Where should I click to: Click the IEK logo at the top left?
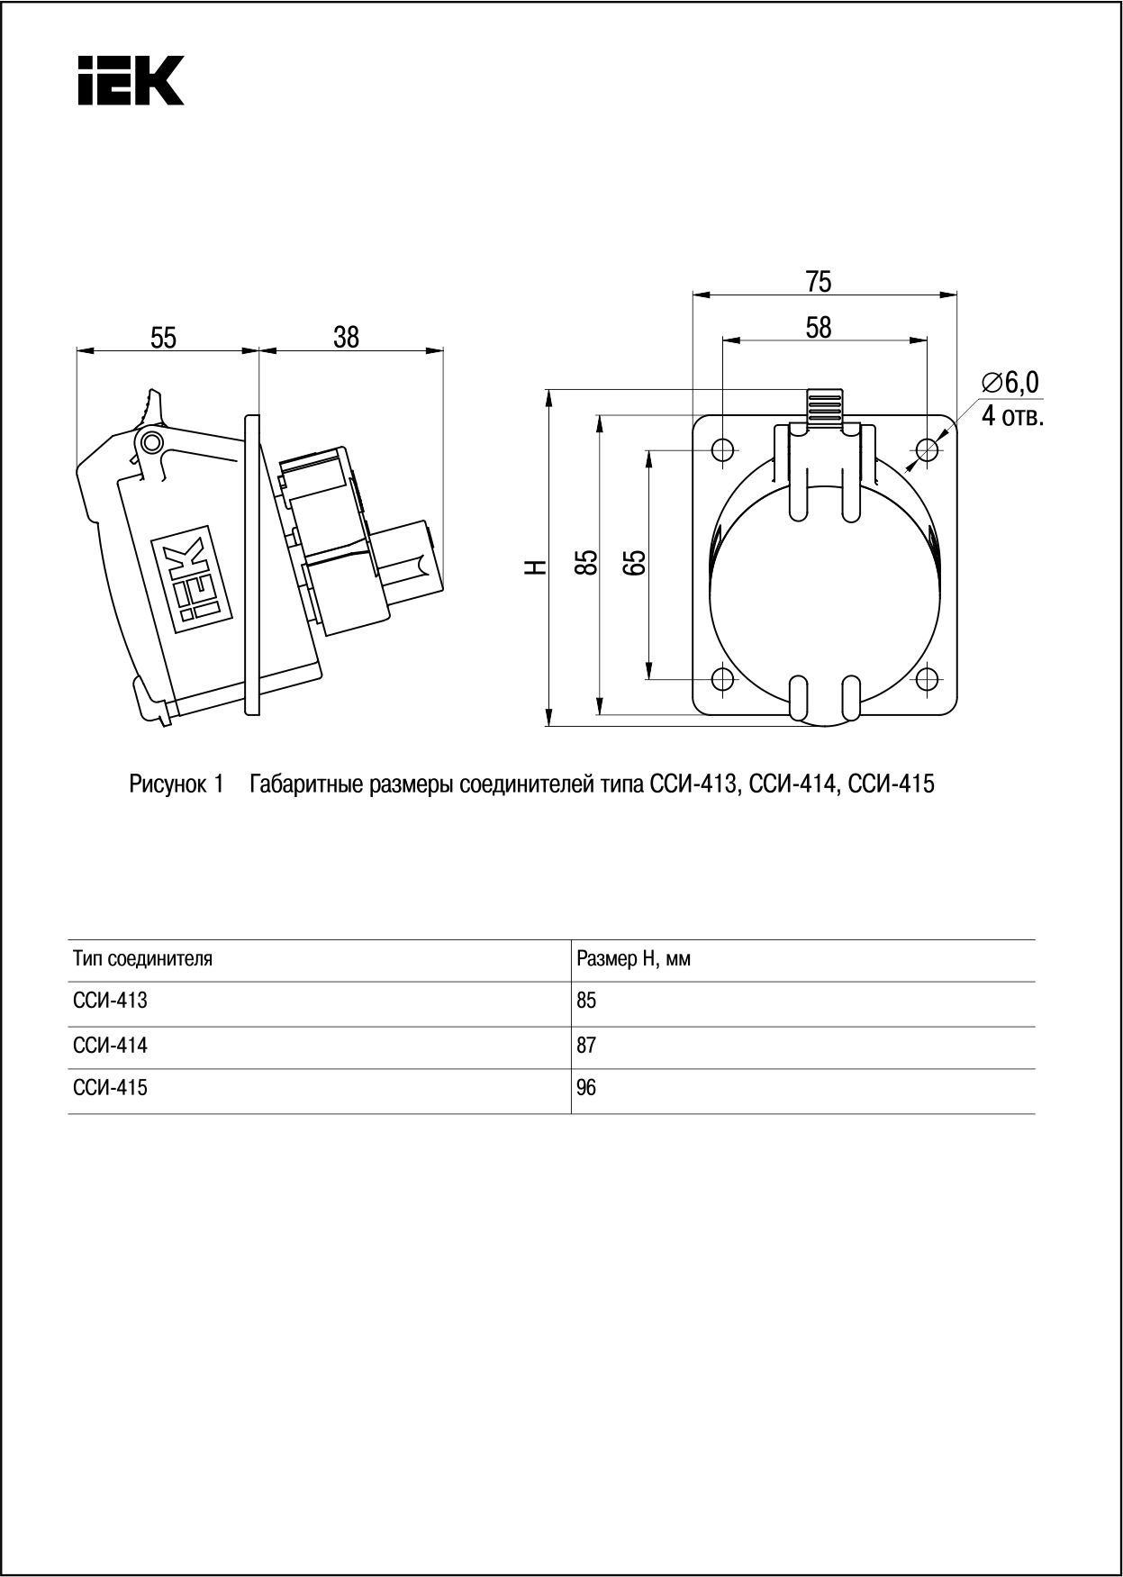(x=131, y=80)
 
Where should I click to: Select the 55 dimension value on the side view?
(x=163, y=338)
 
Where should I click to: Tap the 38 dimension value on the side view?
(x=346, y=337)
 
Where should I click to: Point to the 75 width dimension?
(x=819, y=282)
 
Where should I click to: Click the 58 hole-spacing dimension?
(x=819, y=328)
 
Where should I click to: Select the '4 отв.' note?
(x=1012, y=417)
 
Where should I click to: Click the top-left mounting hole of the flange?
(x=723, y=449)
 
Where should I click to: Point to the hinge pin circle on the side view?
(x=150, y=441)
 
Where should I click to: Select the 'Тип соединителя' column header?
(x=142, y=958)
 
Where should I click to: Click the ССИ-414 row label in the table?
(x=110, y=1046)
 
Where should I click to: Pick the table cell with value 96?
(x=586, y=1088)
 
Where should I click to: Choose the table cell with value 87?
(x=586, y=1046)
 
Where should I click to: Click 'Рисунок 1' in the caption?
(x=176, y=784)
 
